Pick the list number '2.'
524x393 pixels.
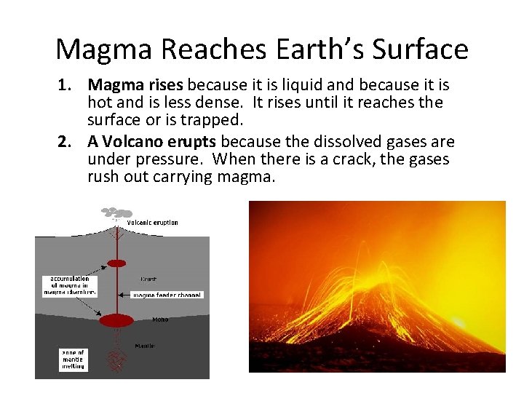65,141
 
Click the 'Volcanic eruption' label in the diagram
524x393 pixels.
153,223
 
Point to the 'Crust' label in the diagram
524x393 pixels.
148,279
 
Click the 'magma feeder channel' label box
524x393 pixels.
167,295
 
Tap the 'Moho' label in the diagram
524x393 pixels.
160,319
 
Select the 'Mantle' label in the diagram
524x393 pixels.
144,345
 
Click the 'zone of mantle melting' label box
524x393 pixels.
72,360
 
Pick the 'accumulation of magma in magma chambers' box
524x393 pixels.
70,285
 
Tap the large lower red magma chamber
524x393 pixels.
116,320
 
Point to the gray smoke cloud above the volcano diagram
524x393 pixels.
114,213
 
